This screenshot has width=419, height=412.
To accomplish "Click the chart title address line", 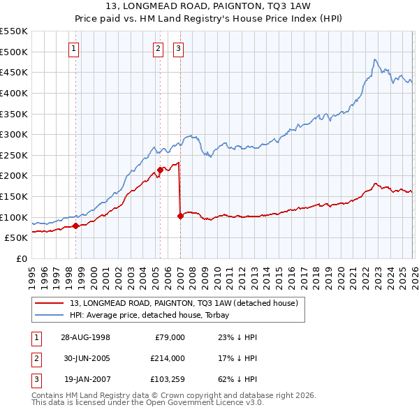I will tap(209, 6).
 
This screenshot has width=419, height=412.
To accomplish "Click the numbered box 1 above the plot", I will tap(74, 48).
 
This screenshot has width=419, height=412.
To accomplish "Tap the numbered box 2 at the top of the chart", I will tap(159, 48).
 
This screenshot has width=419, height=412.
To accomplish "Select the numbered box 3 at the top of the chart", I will tap(178, 48).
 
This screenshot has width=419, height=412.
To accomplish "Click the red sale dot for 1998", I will tap(76, 226).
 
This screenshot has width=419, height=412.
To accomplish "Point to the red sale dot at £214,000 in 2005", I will tap(160, 170).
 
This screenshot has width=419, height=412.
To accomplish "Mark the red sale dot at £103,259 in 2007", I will tap(180, 216).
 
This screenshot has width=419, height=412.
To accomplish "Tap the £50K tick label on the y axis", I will tap(17, 237).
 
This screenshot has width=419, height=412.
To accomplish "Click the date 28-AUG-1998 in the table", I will tap(86, 337).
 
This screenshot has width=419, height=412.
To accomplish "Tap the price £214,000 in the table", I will tap(168, 358).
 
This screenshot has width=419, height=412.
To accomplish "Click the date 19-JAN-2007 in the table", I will tap(86, 379).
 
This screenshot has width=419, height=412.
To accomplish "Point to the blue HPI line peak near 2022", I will tap(375, 59).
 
